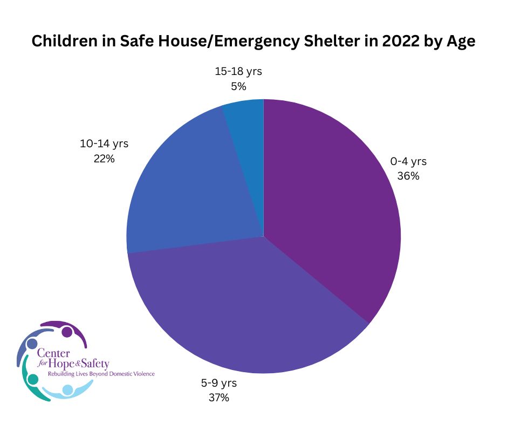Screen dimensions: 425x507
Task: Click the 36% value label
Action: click(x=408, y=176)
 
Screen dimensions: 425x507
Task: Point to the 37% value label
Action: click(x=219, y=398)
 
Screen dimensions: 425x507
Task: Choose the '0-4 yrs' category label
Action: click(x=408, y=161)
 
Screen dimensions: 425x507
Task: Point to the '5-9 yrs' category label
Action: click(x=219, y=383)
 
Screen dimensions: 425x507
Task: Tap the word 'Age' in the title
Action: click(x=461, y=42)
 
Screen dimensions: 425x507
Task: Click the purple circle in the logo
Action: click(x=67, y=332)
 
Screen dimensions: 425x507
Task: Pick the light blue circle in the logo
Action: click(x=67, y=389)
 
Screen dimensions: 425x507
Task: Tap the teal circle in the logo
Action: click(x=33, y=379)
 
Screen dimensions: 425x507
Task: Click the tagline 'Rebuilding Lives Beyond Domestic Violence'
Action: click(x=101, y=374)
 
